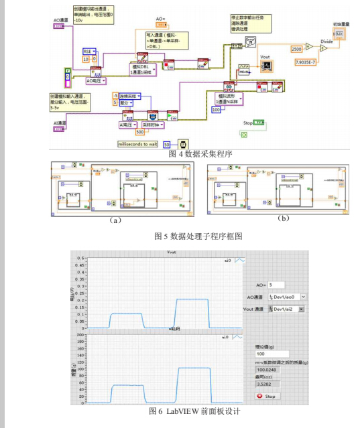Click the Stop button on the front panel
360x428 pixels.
pos(265,396)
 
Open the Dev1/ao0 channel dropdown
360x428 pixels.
pos(286,297)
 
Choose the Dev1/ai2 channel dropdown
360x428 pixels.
pos(286,309)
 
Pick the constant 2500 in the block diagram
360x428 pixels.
pos(296,49)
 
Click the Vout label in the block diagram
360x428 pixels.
pos(265,58)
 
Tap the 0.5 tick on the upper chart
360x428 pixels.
pos(80,257)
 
